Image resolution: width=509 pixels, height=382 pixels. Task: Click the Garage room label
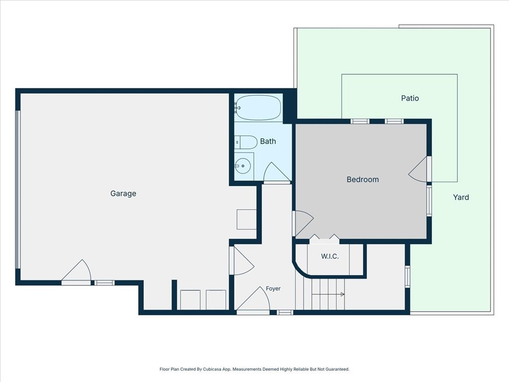pyautogui.click(x=123, y=193)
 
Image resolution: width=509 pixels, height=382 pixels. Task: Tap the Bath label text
pyautogui.click(x=268, y=141)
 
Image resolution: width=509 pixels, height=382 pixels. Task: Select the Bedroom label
pyautogui.click(x=362, y=179)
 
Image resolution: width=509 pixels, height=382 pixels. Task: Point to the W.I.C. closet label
pyautogui.click(x=330, y=256)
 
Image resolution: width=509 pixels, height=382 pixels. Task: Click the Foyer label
pyautogui.click(x=273, y=288)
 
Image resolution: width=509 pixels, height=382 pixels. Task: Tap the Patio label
pyautogui.click(x=410, y=98)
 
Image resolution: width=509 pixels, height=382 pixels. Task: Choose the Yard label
pyautogui.click(x=461, y=197)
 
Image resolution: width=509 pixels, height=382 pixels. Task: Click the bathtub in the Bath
pyautogui.click(x=258, y=107)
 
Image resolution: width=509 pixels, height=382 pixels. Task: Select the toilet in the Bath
pyautogui.click(x=246, y=142)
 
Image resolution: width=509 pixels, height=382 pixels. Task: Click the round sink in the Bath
pyautogui.click(x=243, y=166)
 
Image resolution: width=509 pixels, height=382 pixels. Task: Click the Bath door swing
pyautogui.click(x=276, y=173)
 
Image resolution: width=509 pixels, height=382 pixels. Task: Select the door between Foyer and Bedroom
pyautogui.click(x=303, y=223)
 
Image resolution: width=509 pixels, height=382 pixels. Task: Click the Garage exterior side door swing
pyautogui.click(x=76, y=272)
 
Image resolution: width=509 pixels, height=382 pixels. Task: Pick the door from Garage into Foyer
pyautogui.click(x=242, y=261)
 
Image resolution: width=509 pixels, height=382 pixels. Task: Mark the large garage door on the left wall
pyautogui.click(x=18, y=190)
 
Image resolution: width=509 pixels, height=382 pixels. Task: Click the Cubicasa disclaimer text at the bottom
pyautogui.click(x=254, y=369)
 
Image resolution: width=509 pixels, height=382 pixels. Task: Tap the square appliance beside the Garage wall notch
pyautogui.click(x=247, y=219)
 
